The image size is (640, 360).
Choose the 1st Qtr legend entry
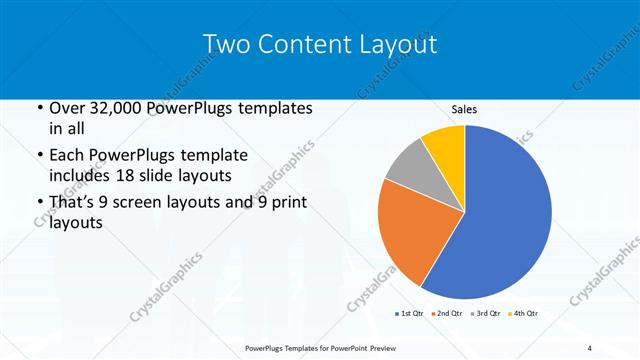pyautogui.click(x=407, y=313)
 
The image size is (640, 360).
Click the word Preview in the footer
pyautogui.click(x=391, y=347)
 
